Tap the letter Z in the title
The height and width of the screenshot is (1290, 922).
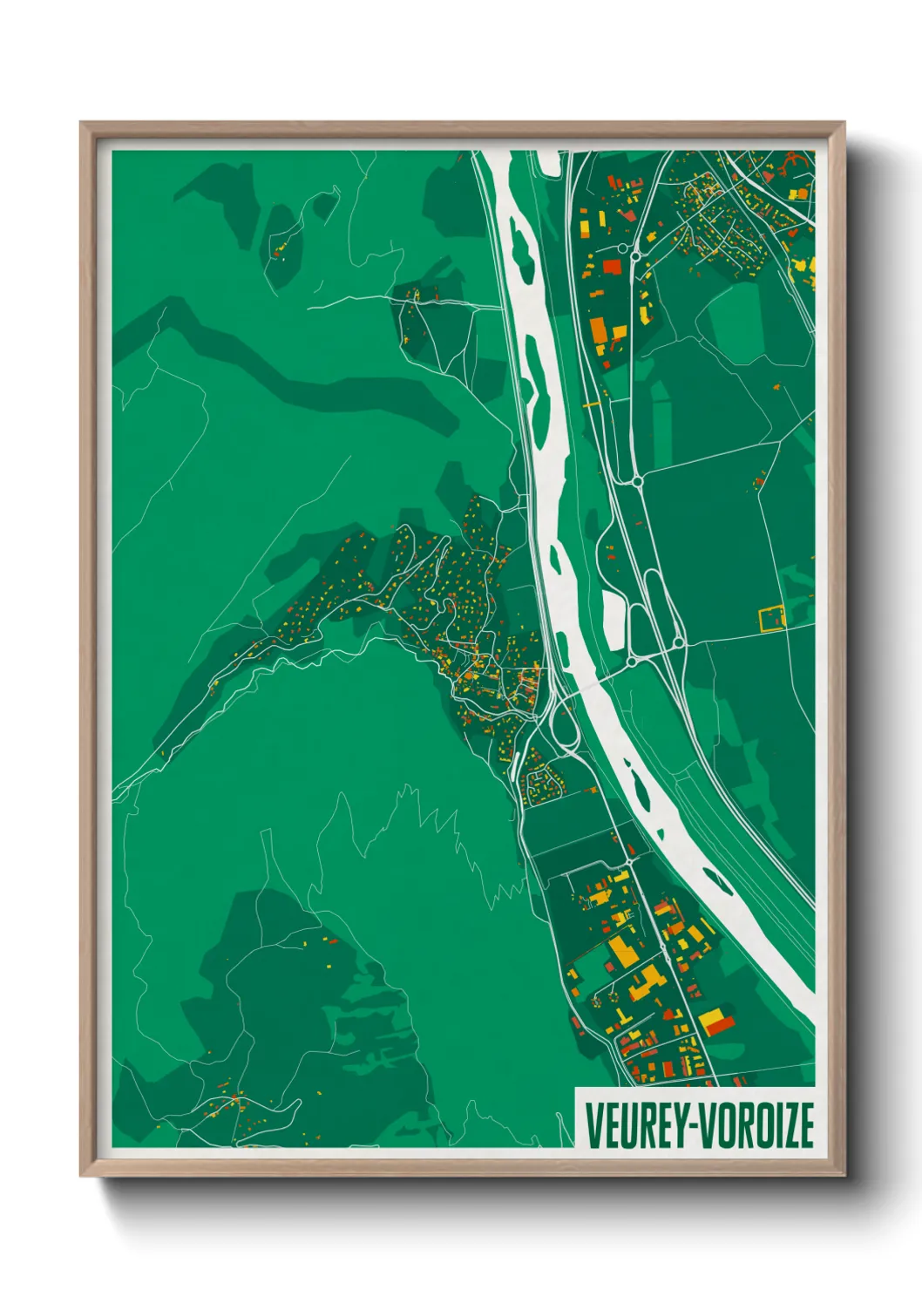tap(779, 1125)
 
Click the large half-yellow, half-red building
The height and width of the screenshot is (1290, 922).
tap(714, 1021)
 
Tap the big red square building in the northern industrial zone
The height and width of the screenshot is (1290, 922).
tap(613, 266)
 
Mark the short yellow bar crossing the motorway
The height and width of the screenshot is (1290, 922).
tap(592, 404)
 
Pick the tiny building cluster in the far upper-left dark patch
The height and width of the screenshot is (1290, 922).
tap(281, 250)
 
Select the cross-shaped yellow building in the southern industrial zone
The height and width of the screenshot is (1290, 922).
tap(646, 985)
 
